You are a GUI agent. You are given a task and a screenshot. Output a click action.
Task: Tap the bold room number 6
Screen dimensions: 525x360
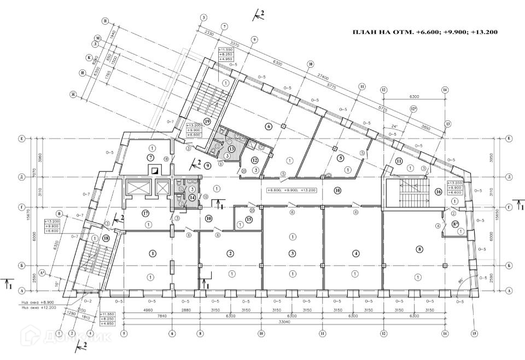pos(269,126)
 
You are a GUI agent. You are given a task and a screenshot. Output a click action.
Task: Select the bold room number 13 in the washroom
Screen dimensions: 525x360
pos(231,149)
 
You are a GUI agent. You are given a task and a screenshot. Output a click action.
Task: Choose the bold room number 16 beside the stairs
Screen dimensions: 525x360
pos(438,192)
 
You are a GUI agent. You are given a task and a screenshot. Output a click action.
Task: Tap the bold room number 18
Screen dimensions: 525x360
pos(106,239)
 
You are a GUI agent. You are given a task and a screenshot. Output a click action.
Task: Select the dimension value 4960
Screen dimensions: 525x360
pos(147,310)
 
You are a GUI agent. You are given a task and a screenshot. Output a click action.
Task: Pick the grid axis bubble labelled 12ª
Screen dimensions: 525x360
pos(414,109)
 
